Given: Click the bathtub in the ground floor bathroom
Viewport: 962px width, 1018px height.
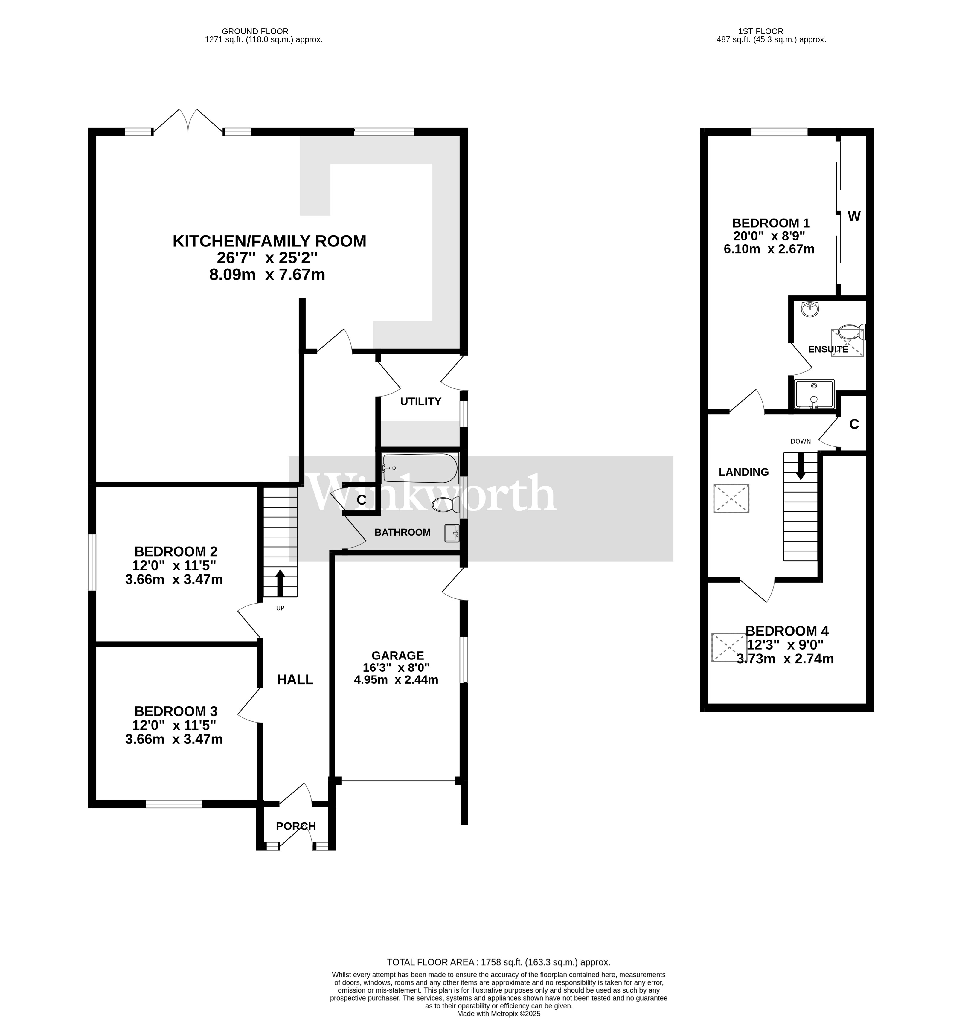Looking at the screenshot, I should click(420, 468).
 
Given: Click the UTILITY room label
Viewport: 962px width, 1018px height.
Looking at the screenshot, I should click(420, 402).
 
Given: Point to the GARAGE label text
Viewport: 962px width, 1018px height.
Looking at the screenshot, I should click(397, 656).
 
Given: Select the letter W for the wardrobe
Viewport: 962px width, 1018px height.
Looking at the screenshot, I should click(854, 217).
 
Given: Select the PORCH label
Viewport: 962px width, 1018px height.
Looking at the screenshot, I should click(296, 826).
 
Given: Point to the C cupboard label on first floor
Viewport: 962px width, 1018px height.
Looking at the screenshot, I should click(854, 424).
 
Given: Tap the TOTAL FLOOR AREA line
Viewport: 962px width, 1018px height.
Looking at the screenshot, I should click(498, 963).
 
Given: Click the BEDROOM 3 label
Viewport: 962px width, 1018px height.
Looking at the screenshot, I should click(176, 711).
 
